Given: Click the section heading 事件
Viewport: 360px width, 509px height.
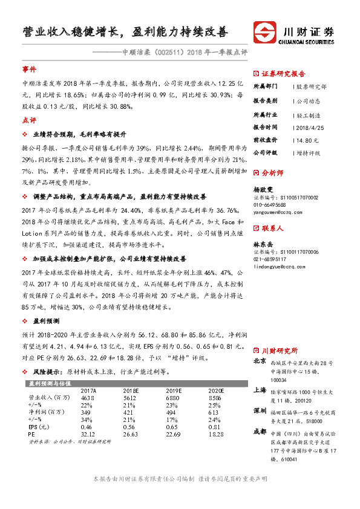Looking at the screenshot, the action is click(29, 70).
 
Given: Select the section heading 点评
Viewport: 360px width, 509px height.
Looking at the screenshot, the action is click(29, 120).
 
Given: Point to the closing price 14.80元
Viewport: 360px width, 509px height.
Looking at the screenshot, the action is click(306, 140).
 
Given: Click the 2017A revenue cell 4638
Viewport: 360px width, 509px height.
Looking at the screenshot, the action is click(88, 398).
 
